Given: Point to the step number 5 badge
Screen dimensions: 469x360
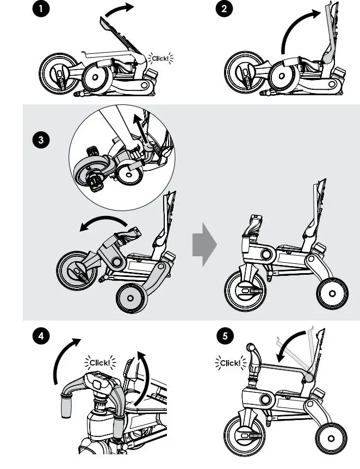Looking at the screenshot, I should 225,336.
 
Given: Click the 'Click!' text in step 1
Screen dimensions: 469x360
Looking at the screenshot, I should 160,58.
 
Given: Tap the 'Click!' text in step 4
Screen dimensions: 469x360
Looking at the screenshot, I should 100,362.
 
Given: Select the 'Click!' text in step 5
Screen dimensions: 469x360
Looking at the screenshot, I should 230,363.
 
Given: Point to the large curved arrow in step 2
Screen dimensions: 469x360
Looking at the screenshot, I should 299,27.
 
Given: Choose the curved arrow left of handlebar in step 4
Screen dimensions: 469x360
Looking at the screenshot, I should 63,363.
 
